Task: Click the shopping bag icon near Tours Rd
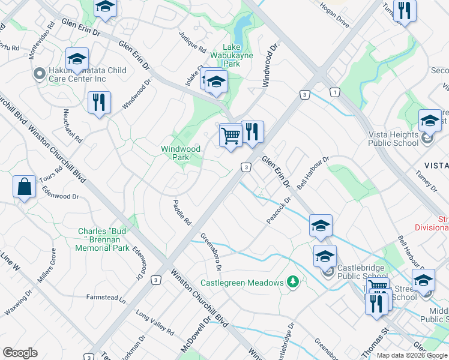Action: pyautogui.click(x=23, y=187)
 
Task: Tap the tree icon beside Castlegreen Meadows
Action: pyautogui.click(x=292, y=281)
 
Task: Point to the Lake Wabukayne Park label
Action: pyautogui.click(x=240, y=55)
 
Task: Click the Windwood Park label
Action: pyautogui.click(x=180, y=153)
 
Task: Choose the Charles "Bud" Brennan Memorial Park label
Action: pyautogui.click(x=104, y=239)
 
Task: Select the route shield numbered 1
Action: pyautogui.click(x=334, y=92)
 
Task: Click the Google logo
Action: pyautogui.click(x=20, y=353)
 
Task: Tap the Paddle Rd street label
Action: pyautogui.click(x=182, y=212)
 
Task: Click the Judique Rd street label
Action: pyautogui.click(x=193, y=41)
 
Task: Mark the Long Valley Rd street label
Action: pyautogui.click(x=154, y=323)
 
